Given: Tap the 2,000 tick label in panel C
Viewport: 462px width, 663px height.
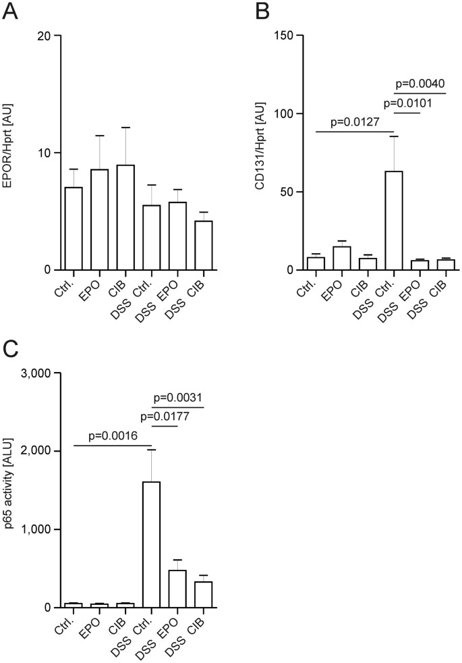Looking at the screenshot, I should coord(36,451).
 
